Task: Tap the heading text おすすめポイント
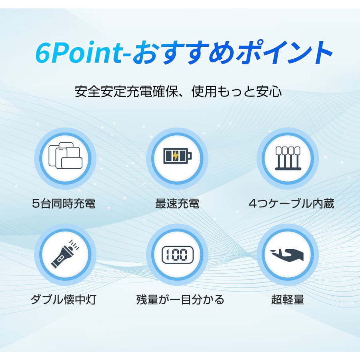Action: coord(232,52)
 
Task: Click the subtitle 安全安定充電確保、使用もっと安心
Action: coord(178,91)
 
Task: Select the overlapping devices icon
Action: coord(65,156)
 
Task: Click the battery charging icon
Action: coord(178,156)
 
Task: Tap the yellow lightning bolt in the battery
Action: coord(176,156)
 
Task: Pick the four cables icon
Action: coord(288,158)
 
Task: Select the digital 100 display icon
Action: coord(178,255)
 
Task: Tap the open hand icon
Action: coord(287,255)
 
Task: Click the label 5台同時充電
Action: coord(64,204)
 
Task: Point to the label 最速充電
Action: coord(177,204)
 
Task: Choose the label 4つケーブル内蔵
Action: coord(291,204)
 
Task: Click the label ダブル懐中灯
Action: coord(64,300)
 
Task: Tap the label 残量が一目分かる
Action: coord(180,300)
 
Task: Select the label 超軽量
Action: coord(288,300)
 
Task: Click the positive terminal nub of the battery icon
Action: coord(190,156)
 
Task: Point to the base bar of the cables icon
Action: coord(288,169)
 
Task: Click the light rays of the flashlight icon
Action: coord(74,244)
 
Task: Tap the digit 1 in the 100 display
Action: coord(167,255)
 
